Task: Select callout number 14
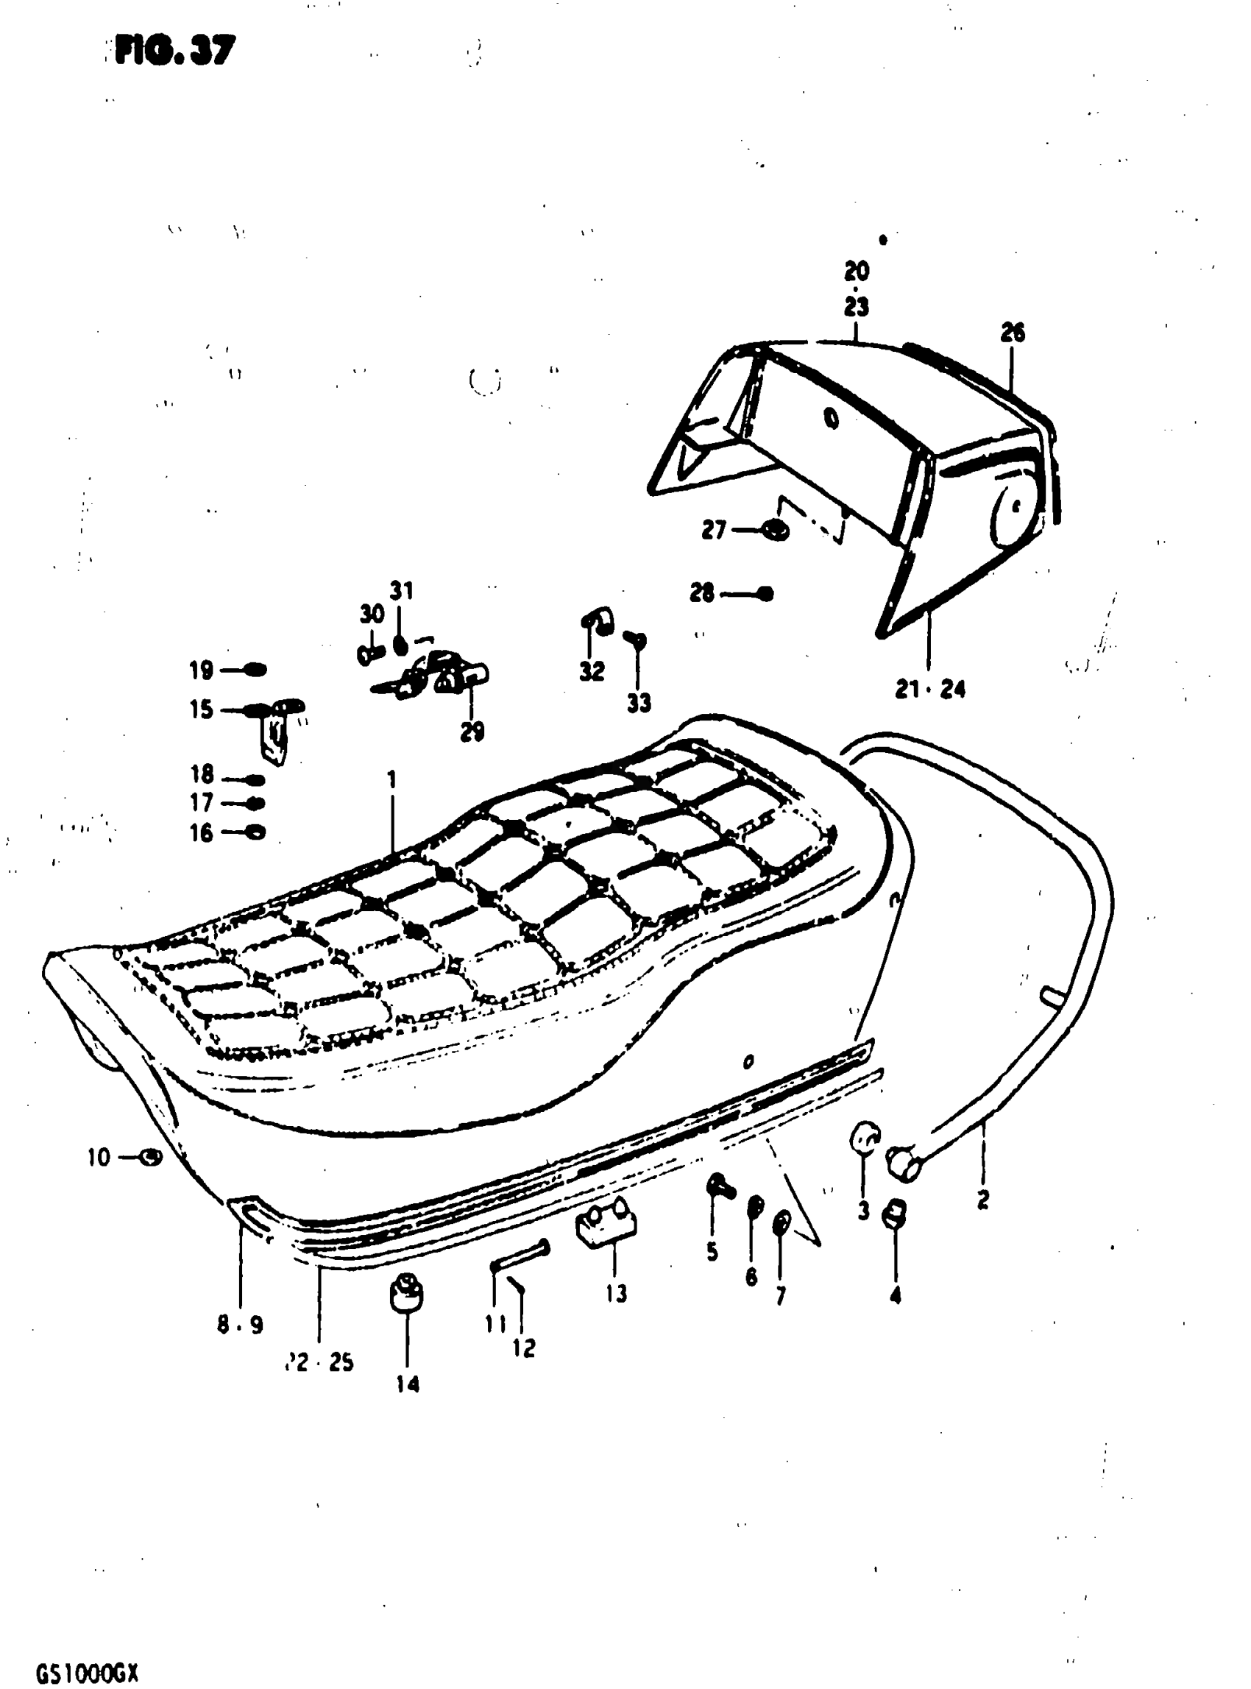point(408,1384)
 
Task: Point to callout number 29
point(472,732)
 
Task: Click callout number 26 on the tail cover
point(1013,333)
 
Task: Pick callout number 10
point(99,1158)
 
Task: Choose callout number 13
point(617,1294)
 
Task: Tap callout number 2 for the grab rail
point(983,1200)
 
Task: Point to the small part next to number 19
point(255,670)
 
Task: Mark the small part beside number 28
point(765,593)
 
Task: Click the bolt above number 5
point(718,1187)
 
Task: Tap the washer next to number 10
point(152,1157)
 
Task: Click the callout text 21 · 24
point(931,690)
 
